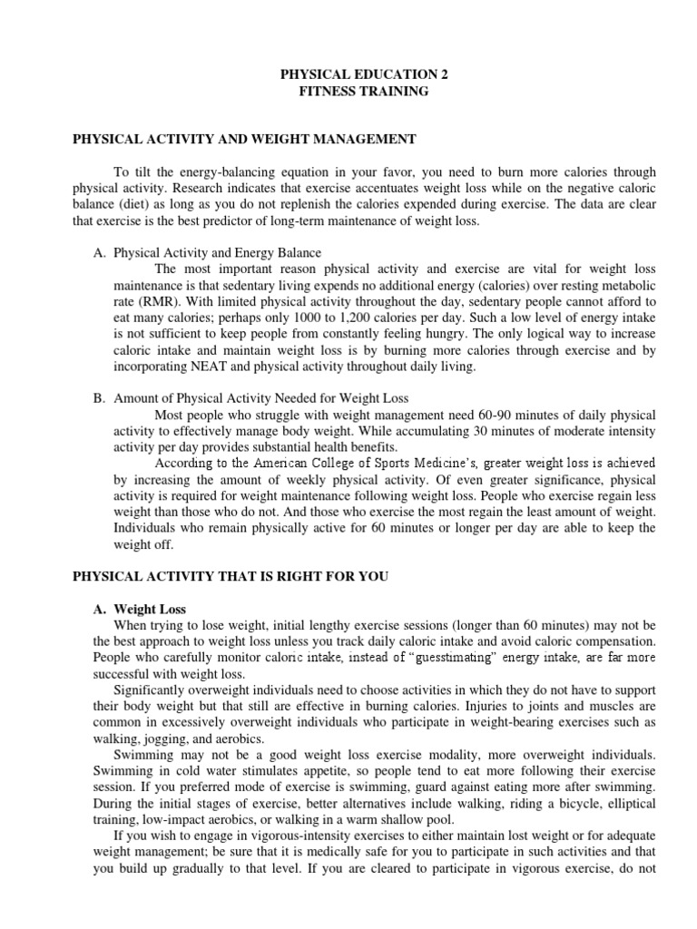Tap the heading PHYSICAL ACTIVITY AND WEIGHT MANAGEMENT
(x=243, y=139)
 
